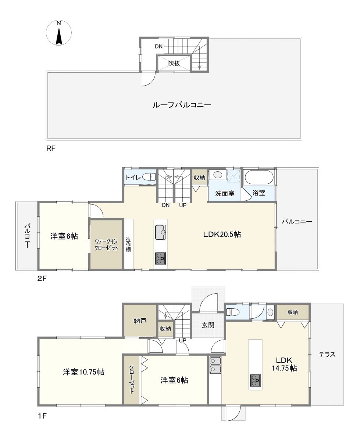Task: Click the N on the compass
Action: (x=59, y=24)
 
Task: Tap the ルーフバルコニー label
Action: (x=182, y=104)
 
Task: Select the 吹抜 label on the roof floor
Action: (x=174, y=63)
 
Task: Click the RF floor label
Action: (x=51, y=148)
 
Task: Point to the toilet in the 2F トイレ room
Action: (x=149, y=177)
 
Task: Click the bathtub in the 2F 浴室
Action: (x=259, y=178)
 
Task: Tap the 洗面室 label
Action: (x=225, y=193)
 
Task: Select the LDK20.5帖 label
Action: (x=222, y=234)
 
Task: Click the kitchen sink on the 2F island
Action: (x=160, y=232)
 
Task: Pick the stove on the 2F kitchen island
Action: (x=160, y=258)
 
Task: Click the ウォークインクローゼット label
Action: (x=106, y=245)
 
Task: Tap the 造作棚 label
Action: (x=128, y=244)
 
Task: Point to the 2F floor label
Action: (x=42, y=279)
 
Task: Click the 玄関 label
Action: (x=208, y=325)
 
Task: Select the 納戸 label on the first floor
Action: (x=140, y=320)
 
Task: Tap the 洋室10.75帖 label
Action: (x=83, y=372)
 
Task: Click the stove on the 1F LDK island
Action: (x=256, y=380)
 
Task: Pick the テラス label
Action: (x=327, y=354)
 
